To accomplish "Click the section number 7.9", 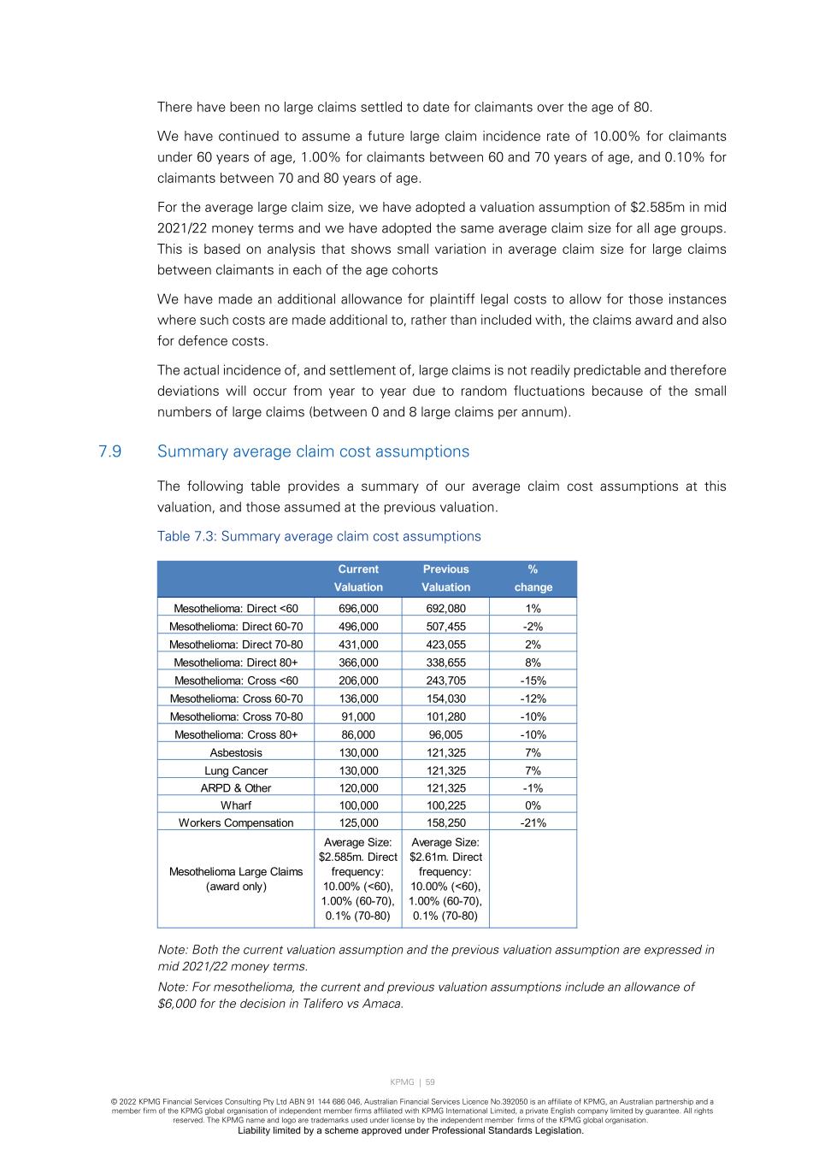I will coord(109,451).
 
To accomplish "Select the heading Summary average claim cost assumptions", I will coord(313,451).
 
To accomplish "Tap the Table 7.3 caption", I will coord(319,536).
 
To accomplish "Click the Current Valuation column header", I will coord(358,578).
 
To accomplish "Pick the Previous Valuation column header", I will coord(445,578).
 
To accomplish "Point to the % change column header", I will coord(533,578).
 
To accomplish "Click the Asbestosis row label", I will coord(236,752).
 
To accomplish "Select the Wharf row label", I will coord(236,805).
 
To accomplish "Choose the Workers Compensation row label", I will coord(236,822).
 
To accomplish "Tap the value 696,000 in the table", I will coord(358,609).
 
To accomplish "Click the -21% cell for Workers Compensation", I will coord(533,822).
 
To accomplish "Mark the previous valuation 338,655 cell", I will coord(445,663).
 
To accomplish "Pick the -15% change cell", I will coord(533,681).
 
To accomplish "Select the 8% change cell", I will coord(533,663).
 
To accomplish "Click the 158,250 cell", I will coord(445,822).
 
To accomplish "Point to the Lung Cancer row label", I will coord(236,770).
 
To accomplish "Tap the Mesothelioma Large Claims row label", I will coord(236,879).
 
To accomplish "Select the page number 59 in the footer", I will coord(430,1082).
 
